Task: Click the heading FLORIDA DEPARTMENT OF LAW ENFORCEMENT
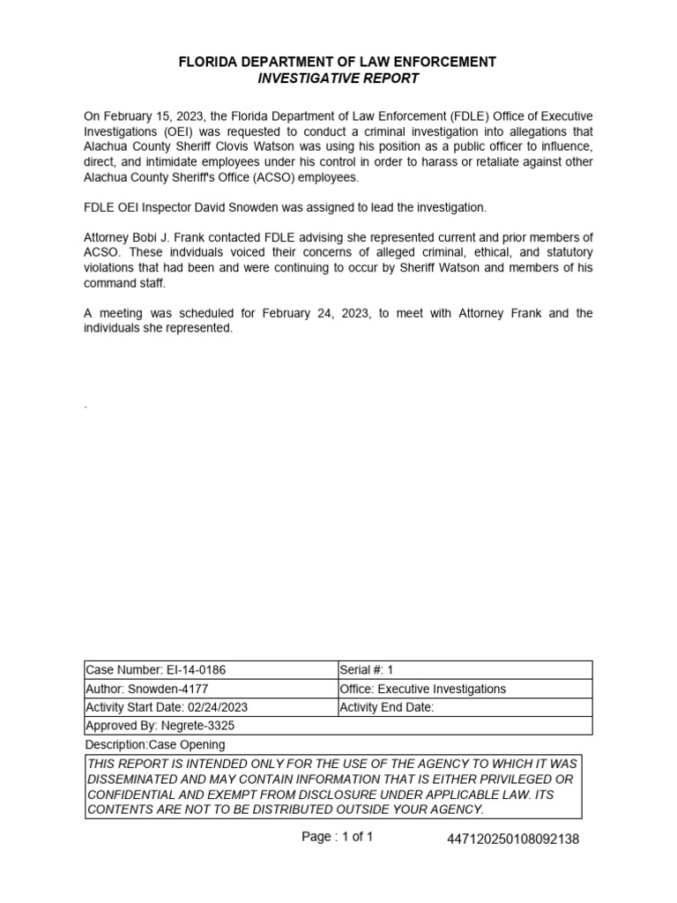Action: pos(338,62)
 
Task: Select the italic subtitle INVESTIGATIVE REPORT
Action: pos(338,78)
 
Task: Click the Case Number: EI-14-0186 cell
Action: pos(149,670)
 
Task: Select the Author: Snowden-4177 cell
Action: pos(147,690)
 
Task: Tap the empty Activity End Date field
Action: pos(511,708)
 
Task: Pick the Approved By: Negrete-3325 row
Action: pos(160,726)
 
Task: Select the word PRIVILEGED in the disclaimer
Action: pos(527,780)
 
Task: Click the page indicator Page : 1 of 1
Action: pos(337,837)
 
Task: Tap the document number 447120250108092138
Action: pos(514,840)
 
